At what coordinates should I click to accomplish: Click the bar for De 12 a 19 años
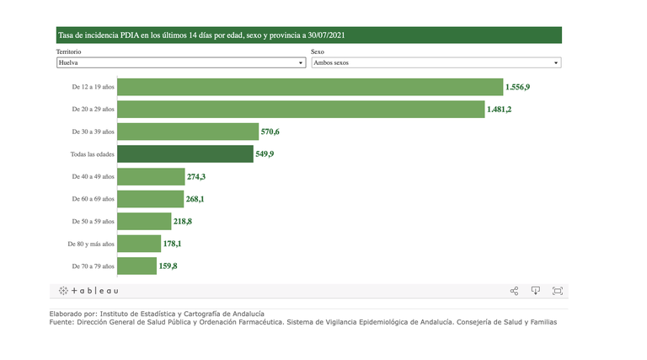(x=309, y=87)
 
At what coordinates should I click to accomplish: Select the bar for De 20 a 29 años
(x=301, y=110)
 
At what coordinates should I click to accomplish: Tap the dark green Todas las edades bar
(x=185, y=154)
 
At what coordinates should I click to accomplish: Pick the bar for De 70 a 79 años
(x=136, y=266)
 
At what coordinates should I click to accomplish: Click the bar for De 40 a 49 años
(x=151, y=176)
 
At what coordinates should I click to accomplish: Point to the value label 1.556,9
(x=517, y=87)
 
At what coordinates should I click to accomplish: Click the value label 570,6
(x=270, y=132)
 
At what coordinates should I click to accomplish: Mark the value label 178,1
(x=173, y=244)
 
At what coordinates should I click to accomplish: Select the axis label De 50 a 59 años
(x=93, y=221)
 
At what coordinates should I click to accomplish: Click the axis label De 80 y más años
(x=91, y=244)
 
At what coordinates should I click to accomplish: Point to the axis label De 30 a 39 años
(x=93, y=132)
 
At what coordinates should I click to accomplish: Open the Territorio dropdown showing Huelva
(x=180, y=62)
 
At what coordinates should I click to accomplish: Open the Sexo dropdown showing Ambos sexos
(x=436, y=62)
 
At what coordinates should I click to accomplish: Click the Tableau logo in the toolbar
(x=88, y=291)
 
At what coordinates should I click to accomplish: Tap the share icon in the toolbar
(x=514, y=291)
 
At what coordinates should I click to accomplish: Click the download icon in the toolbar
(x=535, y=291)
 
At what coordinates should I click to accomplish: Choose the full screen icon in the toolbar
(x=557, y=291)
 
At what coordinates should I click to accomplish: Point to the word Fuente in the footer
(x=61, y=321)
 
